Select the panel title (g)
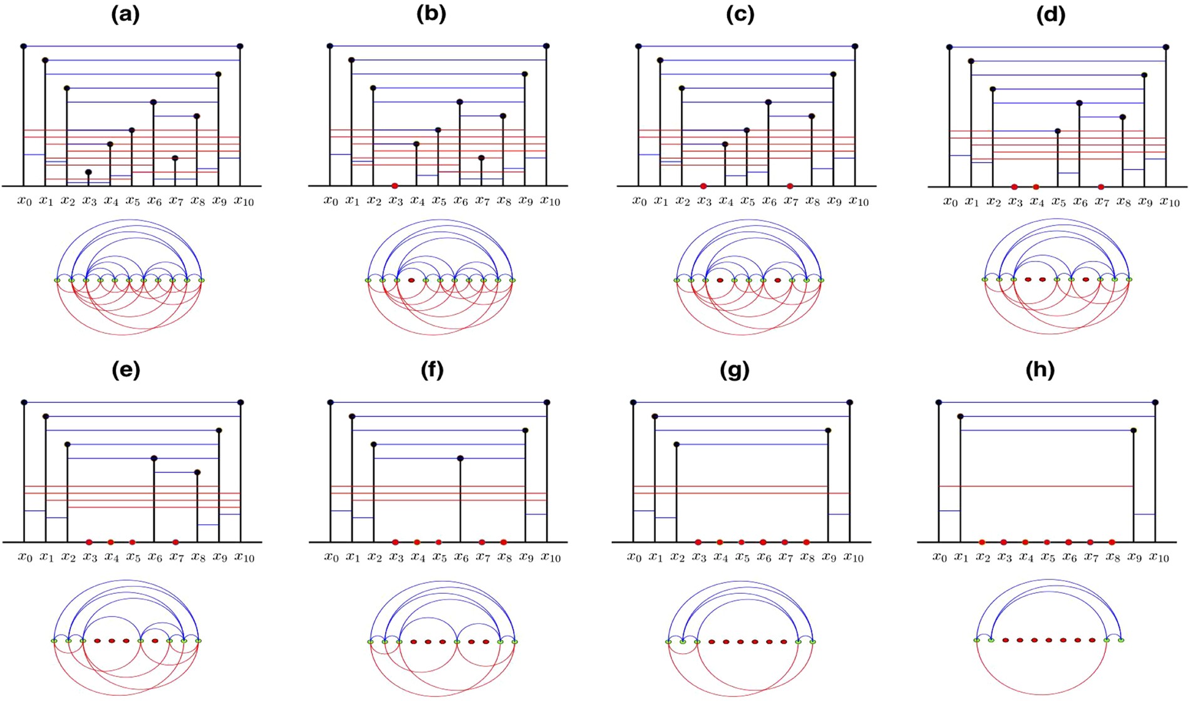click(x=734, y=370)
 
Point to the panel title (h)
click(x=1040, y=370)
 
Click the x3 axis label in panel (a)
click(x=90, y=201)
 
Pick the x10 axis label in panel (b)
click(x=550, y=201)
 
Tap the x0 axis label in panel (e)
click(x=24, y=557)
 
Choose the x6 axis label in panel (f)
click(x=461, y=557)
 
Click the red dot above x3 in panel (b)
click(x=395, y=186)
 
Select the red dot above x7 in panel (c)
click(x=790, y=186)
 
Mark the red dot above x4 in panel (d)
click(x=1036, y=186)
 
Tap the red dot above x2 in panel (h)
click(x=982, y=542)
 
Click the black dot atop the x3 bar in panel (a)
click(x=88, y=172)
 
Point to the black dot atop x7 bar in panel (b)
click(x=481, y=158)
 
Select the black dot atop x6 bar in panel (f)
click(x=460, y=459)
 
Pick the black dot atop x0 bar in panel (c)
click(x=638, y=46)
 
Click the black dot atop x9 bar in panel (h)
click(x=1134, y=430)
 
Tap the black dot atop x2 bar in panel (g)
click(x=676, y=444)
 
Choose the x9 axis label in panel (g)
click(x=829, y=557)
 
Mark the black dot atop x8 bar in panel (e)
click(x=197, y=472)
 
